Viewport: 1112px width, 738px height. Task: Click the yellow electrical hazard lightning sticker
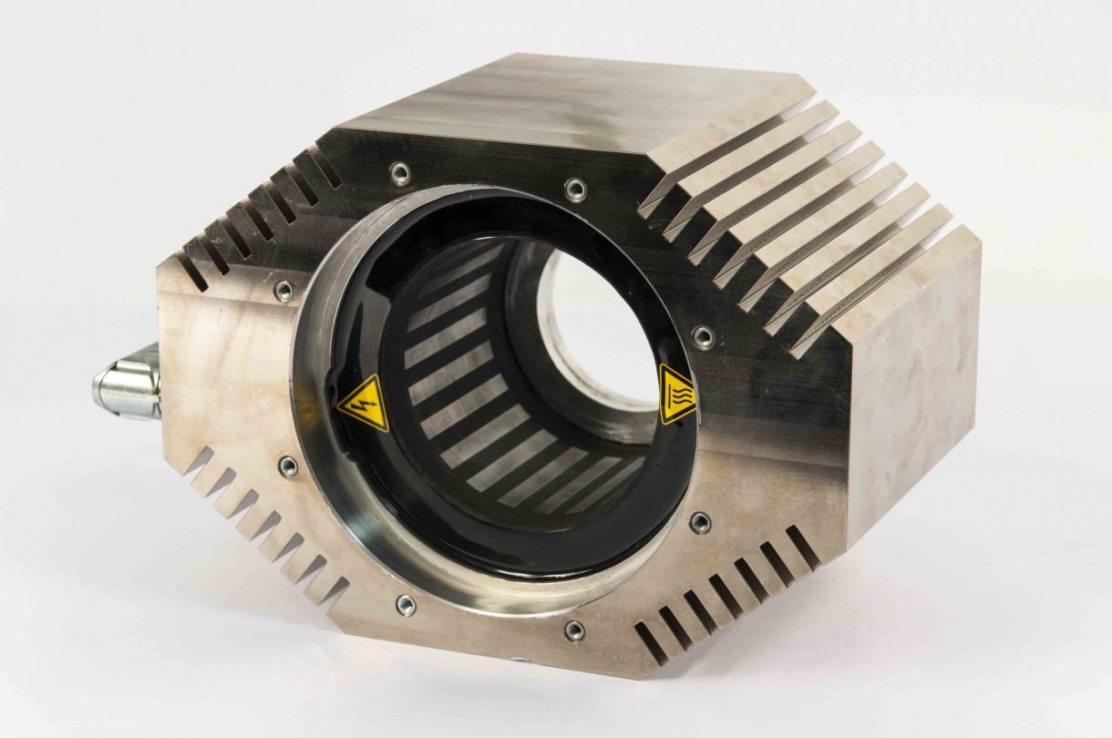pos(364,403)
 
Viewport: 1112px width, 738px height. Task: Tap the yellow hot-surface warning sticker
pos(676,395)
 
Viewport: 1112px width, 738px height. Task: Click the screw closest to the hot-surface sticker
pos(703,337)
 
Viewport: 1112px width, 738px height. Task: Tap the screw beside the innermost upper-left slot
pos(398,172)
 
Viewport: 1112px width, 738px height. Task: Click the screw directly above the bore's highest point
pos(575,190)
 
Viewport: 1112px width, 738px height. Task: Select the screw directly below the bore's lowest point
pos(573,630)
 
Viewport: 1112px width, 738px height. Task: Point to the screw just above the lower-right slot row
pos(700,522)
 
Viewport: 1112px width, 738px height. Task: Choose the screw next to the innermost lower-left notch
pos(406,605)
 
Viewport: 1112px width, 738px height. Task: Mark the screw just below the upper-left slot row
pos(283,291)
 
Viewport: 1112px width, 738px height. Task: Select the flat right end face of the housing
pos(911,383)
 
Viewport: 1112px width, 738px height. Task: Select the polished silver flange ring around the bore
pos(314,510)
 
